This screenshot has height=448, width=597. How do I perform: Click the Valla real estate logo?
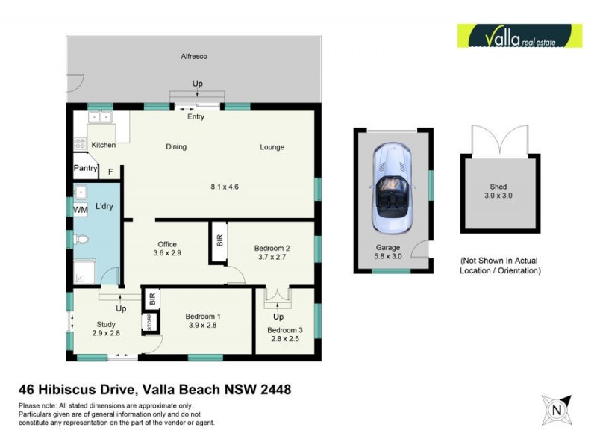(x=519, y=36)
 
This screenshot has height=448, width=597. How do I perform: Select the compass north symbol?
(x=555, y=409)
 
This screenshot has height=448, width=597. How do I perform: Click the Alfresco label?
(x=194, y=57)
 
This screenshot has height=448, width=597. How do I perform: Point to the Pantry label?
(x=85, y=169)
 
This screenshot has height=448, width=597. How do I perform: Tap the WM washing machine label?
(x=80, y=211)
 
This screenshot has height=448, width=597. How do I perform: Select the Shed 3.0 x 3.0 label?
(x=498, y=192)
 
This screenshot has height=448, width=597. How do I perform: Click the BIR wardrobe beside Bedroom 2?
(x=219, y=241)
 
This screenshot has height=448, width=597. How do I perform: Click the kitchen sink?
(x=99, y=117)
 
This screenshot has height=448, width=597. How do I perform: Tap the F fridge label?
(x=111, y=172)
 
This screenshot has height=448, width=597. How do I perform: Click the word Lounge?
(x=272, y=147)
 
